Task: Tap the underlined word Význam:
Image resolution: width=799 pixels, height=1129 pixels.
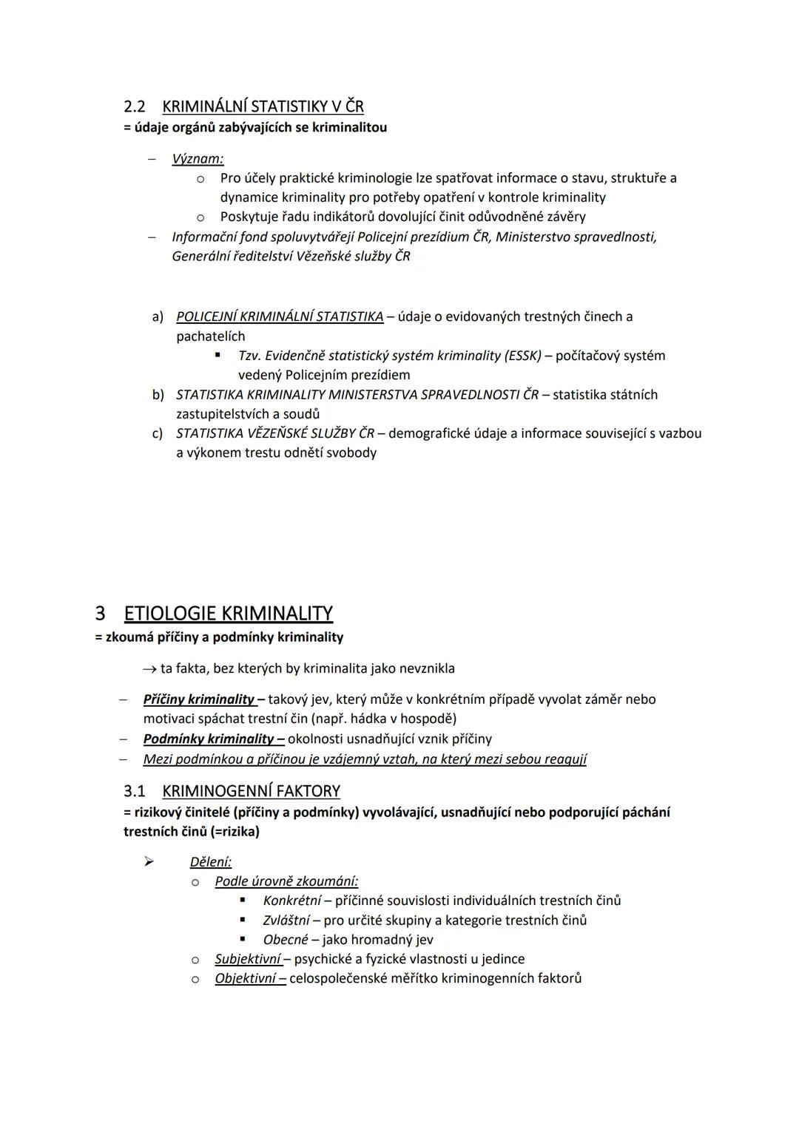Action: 198,158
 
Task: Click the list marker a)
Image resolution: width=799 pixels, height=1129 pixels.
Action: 158,316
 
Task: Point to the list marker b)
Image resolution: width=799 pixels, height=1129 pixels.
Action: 158,395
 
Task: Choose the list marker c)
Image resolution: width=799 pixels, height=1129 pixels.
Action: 158,433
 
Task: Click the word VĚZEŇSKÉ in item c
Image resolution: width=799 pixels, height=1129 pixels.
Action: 270,433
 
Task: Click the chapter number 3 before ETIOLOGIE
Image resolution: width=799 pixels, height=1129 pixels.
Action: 100,614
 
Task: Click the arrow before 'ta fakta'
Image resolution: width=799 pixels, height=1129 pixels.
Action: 149,669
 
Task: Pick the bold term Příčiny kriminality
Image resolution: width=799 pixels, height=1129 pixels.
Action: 198,699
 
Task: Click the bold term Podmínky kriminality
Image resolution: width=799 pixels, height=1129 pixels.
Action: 209,739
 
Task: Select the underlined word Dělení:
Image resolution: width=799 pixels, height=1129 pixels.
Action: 211,862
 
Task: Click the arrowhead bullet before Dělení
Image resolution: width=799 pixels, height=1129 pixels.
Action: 149,861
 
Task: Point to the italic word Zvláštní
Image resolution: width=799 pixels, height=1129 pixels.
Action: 286,921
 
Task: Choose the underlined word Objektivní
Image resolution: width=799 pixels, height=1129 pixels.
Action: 245,978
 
